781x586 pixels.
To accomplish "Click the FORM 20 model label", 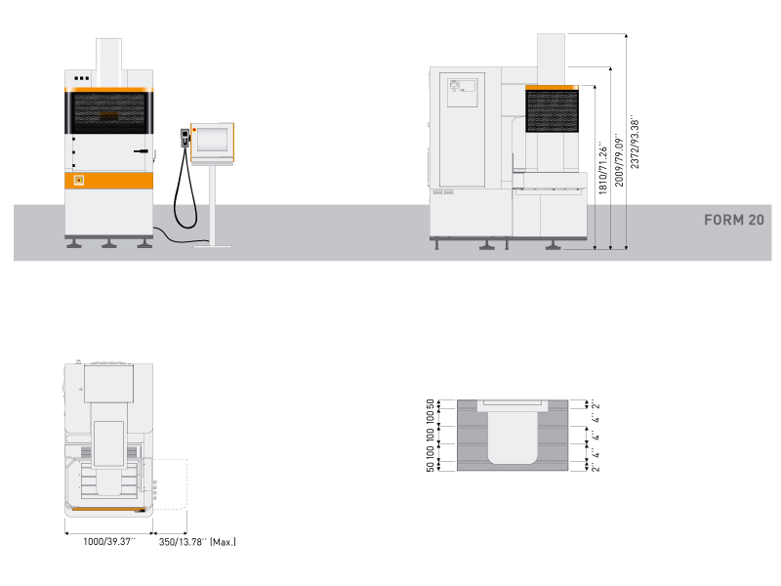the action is tap(734, 220).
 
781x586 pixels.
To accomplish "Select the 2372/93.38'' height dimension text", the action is tap(634, 144).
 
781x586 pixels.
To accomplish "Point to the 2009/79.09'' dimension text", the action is tap(619, 159).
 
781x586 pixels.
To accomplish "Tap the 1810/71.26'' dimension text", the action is tap(602, 167).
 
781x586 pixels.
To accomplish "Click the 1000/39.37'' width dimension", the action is tap(108, 541).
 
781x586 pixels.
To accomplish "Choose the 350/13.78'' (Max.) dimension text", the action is tap(197, 542).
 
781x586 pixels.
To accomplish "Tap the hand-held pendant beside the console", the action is tap(185, 138).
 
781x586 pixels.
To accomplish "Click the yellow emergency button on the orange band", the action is tap(79, 180).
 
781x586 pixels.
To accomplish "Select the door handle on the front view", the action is tap(141, 151).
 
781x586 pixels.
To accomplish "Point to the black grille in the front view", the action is tap(108, 113).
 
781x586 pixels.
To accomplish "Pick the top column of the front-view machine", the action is tap(108, 63).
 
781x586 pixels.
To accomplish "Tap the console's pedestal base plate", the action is tap(212, 246).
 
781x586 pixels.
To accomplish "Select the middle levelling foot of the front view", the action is tap(109, 243).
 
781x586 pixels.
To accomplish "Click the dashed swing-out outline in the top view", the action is tap(170, 483).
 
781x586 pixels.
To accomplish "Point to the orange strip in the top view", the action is tap(108, 509).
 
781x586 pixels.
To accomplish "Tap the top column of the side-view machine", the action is tap(551, 60).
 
